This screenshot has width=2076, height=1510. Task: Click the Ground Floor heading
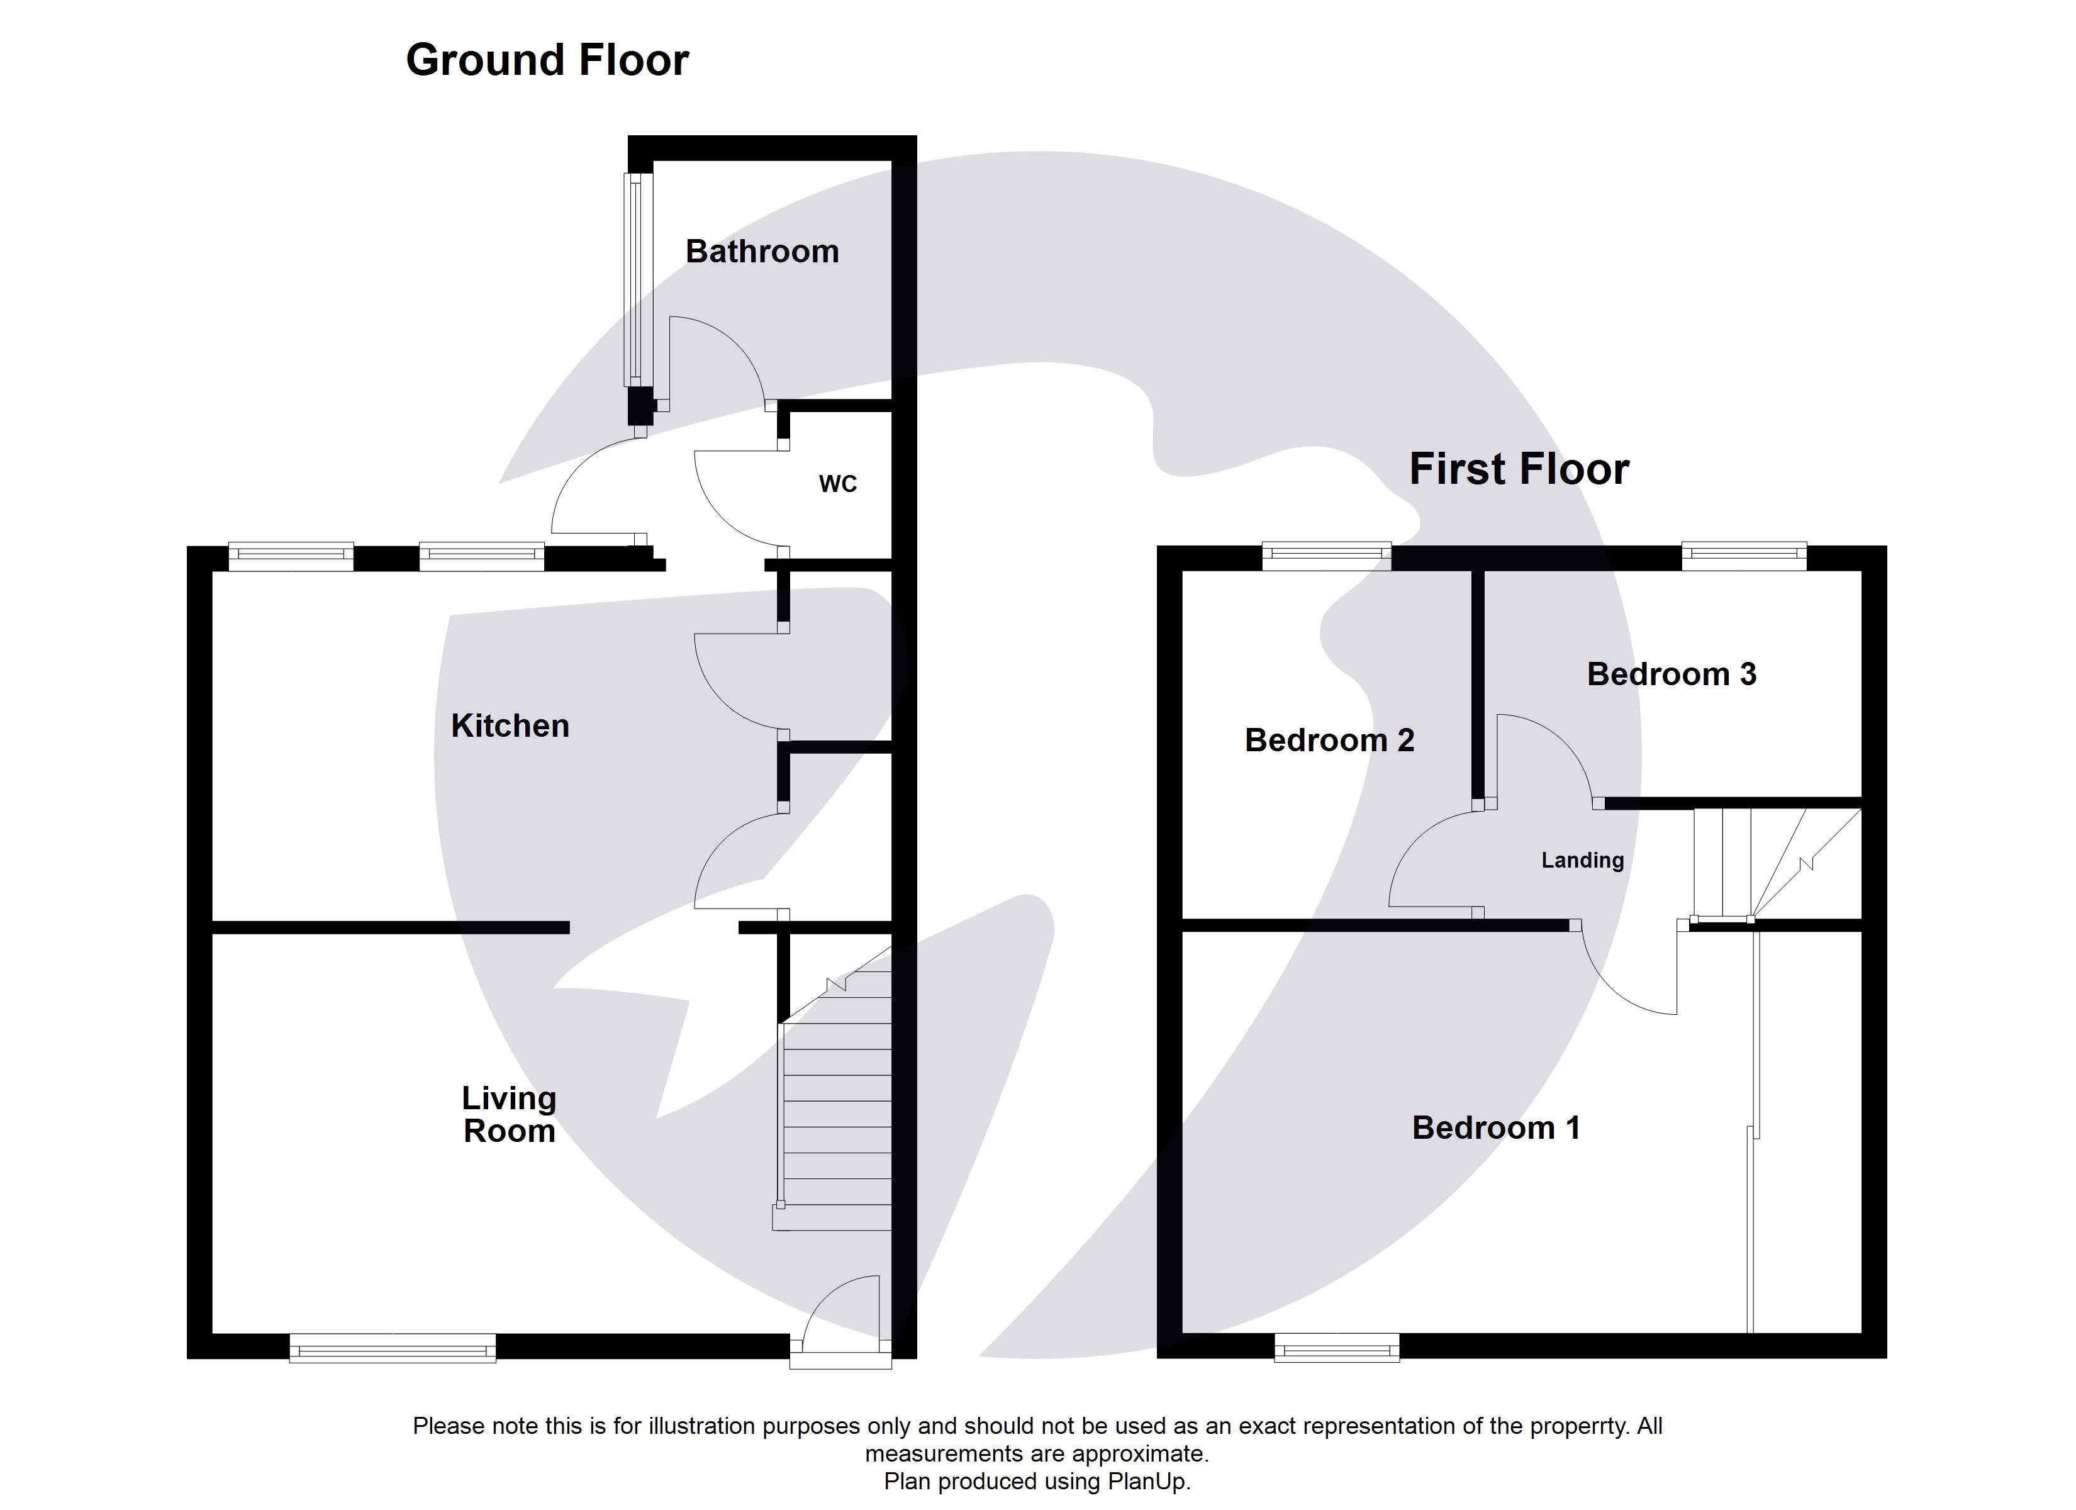(547, 60)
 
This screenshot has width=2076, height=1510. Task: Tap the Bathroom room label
(762, 251)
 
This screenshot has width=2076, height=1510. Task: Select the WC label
(837, 483)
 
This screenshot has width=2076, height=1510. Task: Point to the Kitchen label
(510, 725)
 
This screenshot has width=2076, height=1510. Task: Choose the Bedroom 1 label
(1496, 1127)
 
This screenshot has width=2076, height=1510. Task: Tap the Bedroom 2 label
(1329, 740)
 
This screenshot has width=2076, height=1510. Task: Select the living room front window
(393, 1347)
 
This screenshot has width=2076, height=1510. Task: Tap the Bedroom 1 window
(1337, 1347)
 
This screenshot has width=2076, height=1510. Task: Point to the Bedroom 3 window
(1744, 555)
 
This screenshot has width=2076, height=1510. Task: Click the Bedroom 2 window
(1326, 555)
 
